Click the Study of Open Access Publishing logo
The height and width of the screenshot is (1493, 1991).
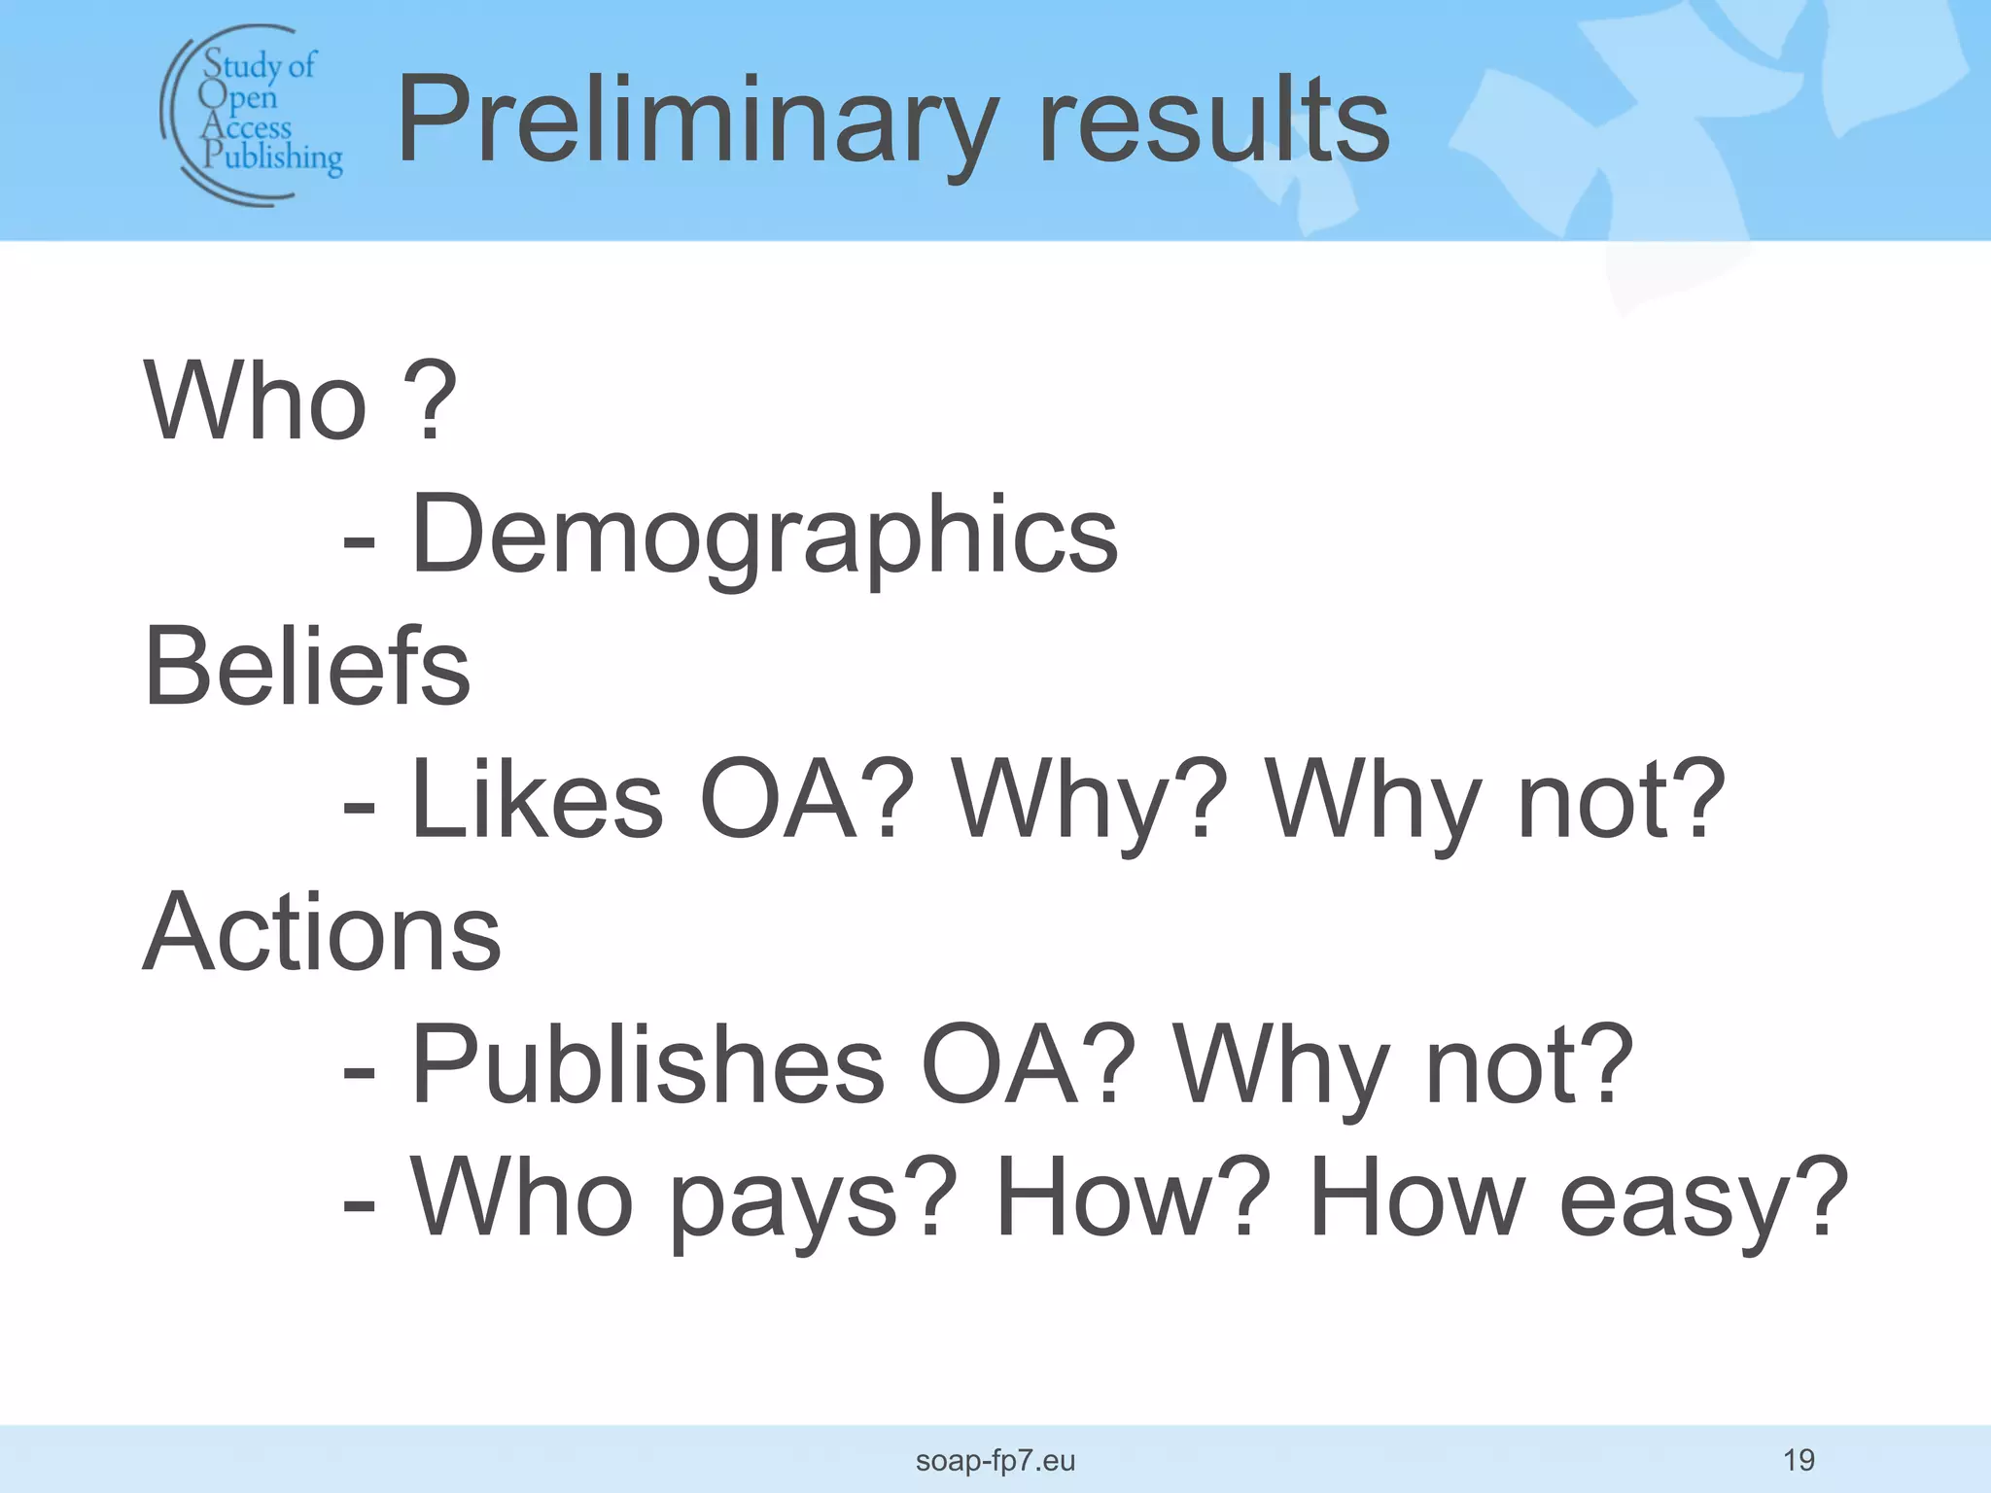(x=253, y=115)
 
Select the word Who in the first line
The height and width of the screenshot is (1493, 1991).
(x=256, y=401)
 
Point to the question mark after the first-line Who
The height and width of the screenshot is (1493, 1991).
(x=428, y=399)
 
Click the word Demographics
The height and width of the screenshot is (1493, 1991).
(x=764, y=535)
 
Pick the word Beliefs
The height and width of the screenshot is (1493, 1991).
(x=306, y=667)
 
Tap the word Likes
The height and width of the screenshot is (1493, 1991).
(x=537, y=800)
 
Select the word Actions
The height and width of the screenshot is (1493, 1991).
(x=322, y=932)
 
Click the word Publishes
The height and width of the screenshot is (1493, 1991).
(x=647, y=1065)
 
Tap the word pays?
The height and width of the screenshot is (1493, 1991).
(x=813, y=1199)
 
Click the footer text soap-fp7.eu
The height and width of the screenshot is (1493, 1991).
(x=995, y=1460)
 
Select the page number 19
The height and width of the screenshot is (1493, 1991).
(x=1799, y=1459)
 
